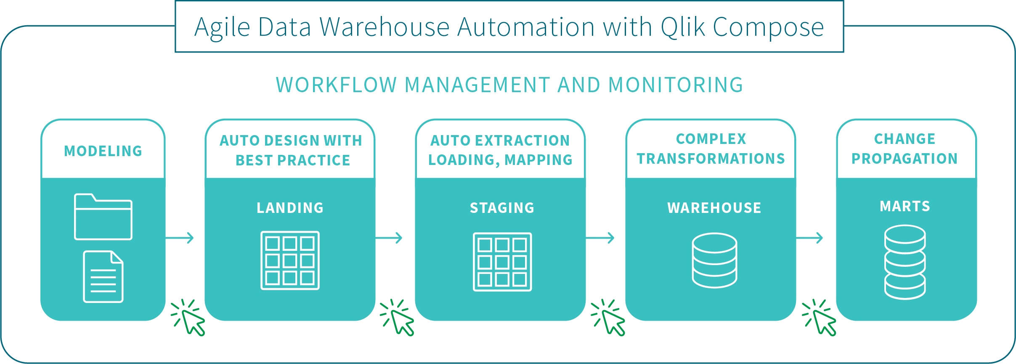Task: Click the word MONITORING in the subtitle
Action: tap(676, 85)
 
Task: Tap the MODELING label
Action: tap(103, 151)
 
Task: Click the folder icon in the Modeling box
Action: tap(103, 217)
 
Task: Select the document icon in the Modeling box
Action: tap(103, 276)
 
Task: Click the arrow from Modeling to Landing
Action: tap(180, 238)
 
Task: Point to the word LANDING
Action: tap(290, 208)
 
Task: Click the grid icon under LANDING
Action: tap(290, 260)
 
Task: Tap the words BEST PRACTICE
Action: tap(293, 160)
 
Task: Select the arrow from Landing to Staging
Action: tap(389, 238)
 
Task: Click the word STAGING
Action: tap(502, 208)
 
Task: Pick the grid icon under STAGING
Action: tap(502, 262)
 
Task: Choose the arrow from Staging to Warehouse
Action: tap(600, 238)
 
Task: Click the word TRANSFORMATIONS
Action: tap(711, 159)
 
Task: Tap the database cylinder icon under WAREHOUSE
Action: tap(714, 260)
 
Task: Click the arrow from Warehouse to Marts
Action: tap(810, 238)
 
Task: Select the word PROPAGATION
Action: tap(905, 159)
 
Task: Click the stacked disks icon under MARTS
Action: tap(905, 262)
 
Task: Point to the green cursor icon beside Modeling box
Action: tap(189, 318)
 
